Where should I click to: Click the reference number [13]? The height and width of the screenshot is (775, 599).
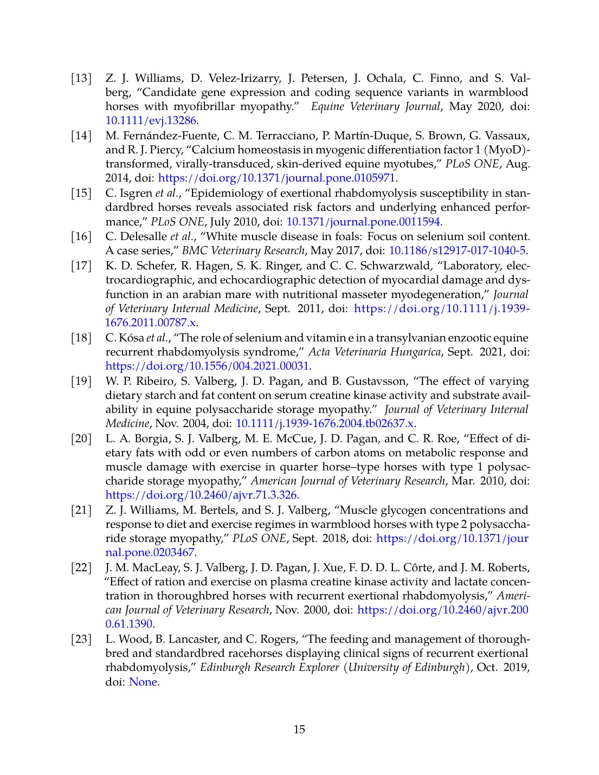81,78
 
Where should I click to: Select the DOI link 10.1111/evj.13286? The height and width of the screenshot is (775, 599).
151,121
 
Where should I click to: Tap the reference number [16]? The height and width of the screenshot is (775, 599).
81,236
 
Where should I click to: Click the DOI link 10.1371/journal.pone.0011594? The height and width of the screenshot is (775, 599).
363,222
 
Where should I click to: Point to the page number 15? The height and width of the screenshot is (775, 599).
299,729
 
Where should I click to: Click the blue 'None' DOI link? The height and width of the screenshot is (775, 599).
143,682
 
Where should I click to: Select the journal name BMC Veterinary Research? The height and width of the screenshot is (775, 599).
243,250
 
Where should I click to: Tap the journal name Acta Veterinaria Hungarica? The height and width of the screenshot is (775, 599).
374,352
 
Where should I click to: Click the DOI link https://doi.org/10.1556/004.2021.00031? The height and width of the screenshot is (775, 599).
207,366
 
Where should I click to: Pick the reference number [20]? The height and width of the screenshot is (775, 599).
81,438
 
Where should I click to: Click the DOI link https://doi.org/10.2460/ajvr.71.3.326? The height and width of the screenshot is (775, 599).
201,495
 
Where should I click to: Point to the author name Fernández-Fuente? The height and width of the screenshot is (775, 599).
146,135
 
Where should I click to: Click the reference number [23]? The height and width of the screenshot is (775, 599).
81,639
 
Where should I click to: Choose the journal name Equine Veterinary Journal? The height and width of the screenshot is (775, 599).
375,106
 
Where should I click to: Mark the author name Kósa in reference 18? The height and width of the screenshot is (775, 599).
132,338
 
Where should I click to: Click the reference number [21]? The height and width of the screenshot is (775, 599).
81,510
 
